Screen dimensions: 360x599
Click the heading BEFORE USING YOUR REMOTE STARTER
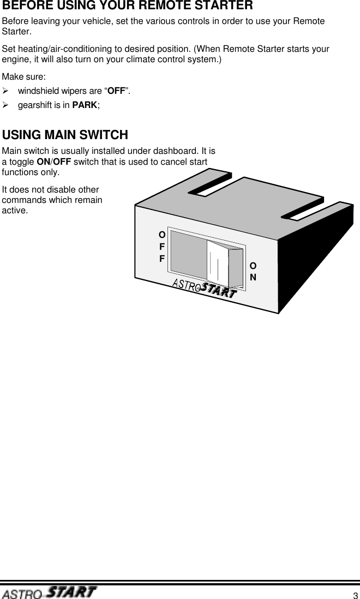click(128, 7)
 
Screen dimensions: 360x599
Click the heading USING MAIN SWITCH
click(65, 135)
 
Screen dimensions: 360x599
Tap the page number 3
click(355, 595)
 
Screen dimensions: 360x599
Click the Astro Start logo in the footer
click(49, 592)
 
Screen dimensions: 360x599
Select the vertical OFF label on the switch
click(162, 246)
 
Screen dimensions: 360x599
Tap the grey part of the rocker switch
click(189, 252)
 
